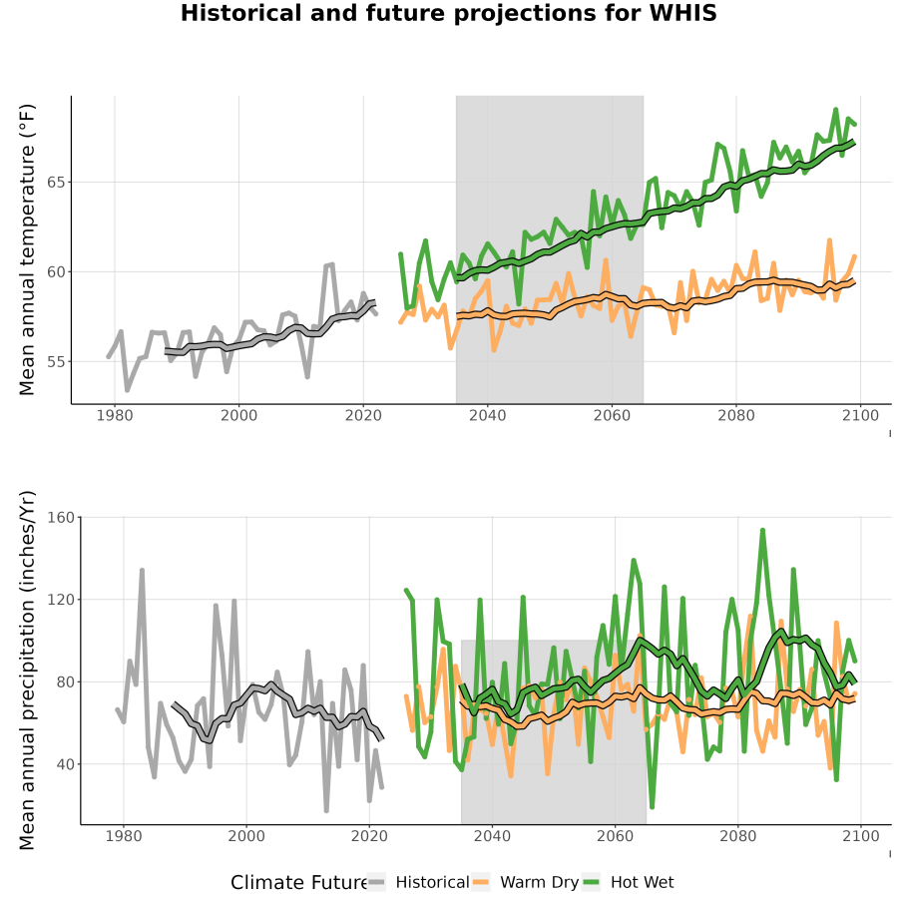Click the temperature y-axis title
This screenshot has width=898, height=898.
pos(27,249)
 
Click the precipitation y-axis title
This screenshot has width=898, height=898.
pos(27,671)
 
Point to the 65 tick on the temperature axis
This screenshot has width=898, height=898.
pos(55,183)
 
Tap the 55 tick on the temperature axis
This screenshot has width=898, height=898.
pos(55,362)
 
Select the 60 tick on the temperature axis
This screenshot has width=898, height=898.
pos(55,272)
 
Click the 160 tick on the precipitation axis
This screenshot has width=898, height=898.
pos(61,517)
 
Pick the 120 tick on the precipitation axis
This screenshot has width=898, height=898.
pos(61,600)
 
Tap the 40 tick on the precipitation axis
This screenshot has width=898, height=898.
pos(65,764)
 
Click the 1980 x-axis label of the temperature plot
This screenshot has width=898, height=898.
pos(115,415)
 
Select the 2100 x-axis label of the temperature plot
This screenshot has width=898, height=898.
pos(860,415)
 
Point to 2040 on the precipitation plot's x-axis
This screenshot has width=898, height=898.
pos(492,836)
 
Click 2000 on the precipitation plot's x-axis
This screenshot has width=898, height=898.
pos(246,836)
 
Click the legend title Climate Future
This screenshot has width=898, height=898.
pos(298,883)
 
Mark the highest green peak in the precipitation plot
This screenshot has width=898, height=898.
pos(762,531)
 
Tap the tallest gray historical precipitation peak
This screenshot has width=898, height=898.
pos(142,571)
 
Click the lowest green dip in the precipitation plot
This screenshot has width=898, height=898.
pos(652,807)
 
